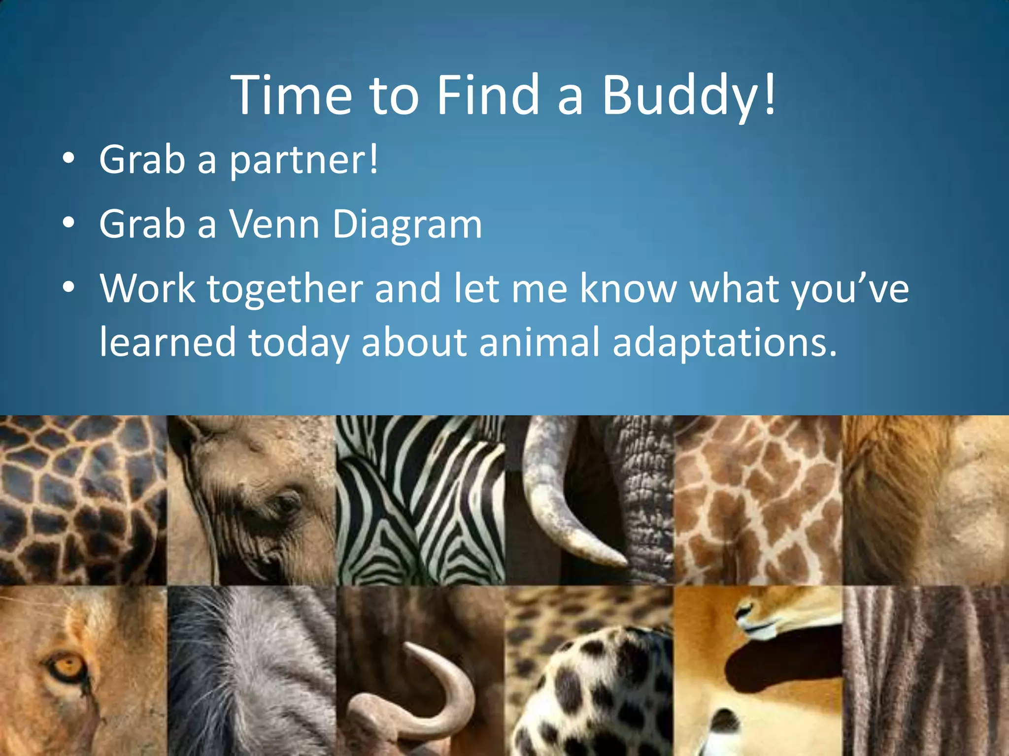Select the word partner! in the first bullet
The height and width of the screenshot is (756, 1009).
point(304,160)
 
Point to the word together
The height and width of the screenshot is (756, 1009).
point(285,289)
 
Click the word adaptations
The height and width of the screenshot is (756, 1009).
point(724,343)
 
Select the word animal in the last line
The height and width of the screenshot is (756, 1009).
point(539,342)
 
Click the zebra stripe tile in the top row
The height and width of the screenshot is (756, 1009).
point(420,500)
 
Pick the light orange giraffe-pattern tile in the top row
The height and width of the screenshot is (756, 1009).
point(757,500)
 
